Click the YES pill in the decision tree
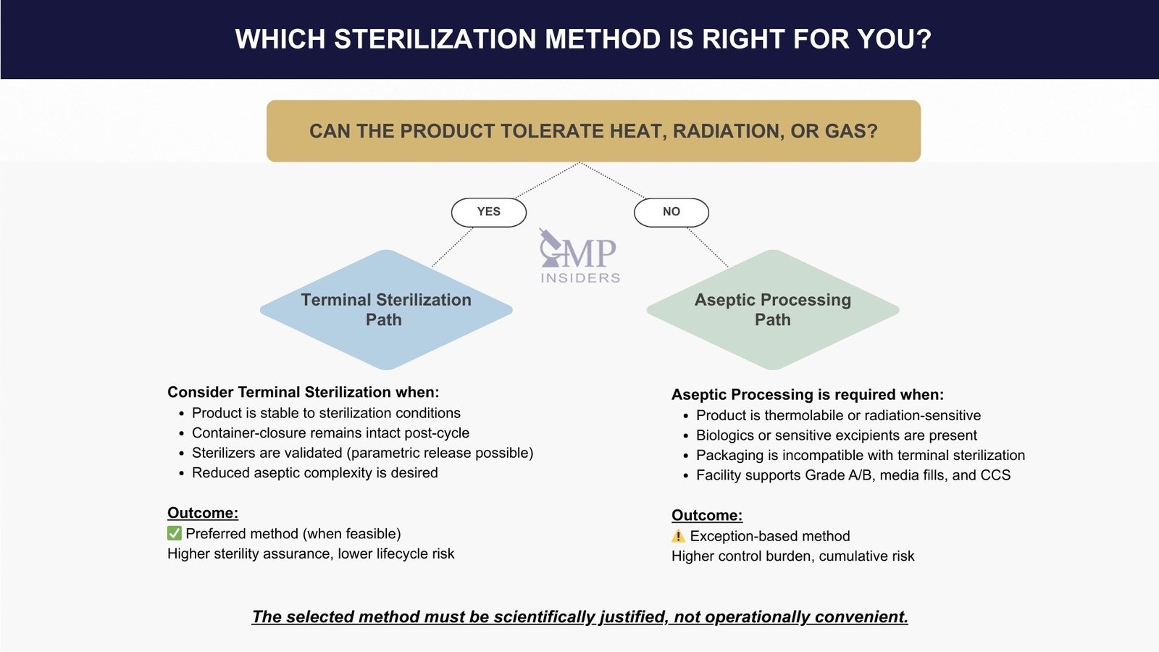(489, 212)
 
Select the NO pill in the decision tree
(671, 212)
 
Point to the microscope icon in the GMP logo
(551, 247)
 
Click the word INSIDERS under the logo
(580, 278)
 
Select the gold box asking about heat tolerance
(593, 131)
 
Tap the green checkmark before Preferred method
(175, 534)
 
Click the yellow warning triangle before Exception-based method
(678, 536)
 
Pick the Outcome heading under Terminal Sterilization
(203, 513)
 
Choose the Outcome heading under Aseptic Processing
(707, 515)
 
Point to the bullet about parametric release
(362, 453)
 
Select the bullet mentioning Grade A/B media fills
(853, 475)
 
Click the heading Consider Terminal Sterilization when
(303, 392)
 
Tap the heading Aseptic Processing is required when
(807, 395)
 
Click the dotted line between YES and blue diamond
(453, 247)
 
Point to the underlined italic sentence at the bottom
(579, 617)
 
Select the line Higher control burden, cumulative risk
(792, 556)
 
